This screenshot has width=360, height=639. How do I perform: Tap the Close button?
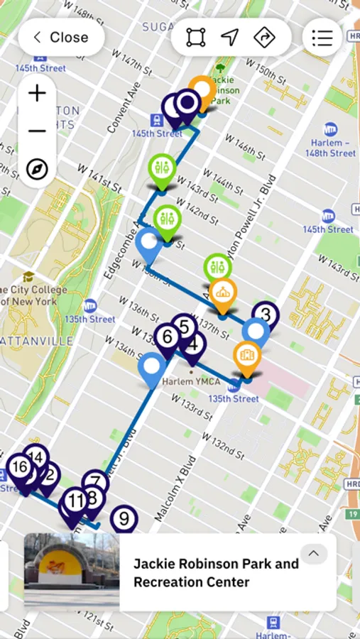point(61,38)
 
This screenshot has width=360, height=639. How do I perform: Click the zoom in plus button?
point(37,93)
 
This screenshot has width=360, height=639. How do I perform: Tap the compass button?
point(37,169)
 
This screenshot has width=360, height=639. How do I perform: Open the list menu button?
point(322,38)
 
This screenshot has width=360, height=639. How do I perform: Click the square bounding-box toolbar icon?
point(196,38)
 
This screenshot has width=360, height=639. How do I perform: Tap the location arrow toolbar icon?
point(229,38)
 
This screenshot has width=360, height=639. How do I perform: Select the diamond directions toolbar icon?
point(264,38)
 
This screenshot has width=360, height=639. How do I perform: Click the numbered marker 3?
point(266,314)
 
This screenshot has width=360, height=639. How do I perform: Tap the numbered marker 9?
point(124,518)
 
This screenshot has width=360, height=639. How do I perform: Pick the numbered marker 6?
point(167,336)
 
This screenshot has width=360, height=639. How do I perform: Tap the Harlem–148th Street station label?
point(330,148)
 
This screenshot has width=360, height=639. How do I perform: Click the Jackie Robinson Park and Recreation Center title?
point(216,573)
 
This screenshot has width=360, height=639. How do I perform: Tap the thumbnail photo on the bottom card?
point(72,572)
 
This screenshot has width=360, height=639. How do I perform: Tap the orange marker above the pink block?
point(247,355)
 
